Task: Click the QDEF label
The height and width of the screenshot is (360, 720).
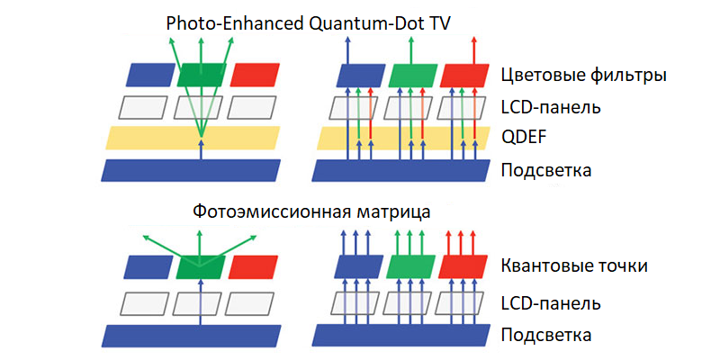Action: click(523, 138)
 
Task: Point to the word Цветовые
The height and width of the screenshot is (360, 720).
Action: click(540, 76)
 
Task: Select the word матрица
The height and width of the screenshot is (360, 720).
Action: click(394, 212)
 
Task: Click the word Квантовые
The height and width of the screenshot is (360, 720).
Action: click(544, 266)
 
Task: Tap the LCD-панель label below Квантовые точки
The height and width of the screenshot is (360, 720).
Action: click(550, 302)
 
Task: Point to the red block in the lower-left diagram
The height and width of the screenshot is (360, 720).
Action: click(253, 267)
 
